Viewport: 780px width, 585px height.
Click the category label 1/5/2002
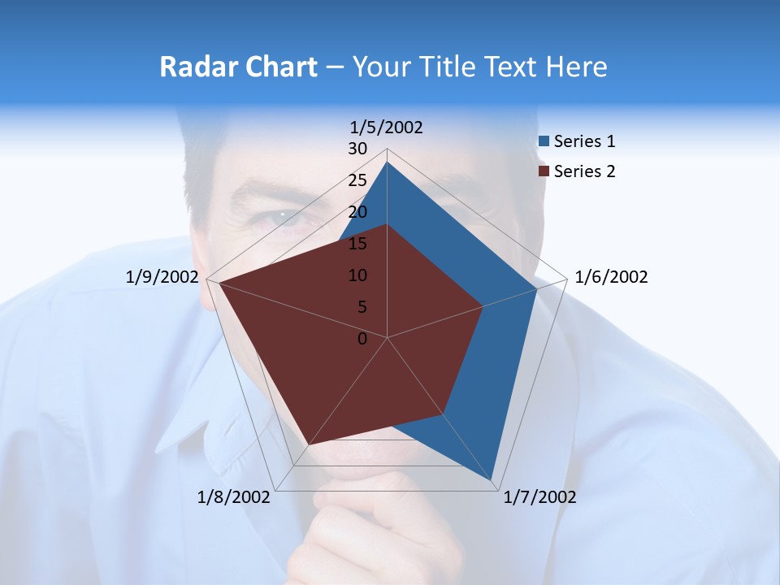pos(387,127)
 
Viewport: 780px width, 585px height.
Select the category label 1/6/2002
pos(611,277)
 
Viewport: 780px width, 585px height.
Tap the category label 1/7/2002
pos(539,497)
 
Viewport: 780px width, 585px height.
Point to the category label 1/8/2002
pos(234,497)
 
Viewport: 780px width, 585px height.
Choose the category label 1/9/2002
pos(162,277)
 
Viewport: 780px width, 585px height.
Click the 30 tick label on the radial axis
pos(357,149)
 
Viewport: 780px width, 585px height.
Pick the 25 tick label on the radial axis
pos(357,180)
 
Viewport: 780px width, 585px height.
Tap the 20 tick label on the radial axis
pos(357,212)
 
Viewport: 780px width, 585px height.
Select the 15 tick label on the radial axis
pos(357,244)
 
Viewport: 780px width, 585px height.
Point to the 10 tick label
pos(357,275)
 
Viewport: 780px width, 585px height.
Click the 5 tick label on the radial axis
pos(362,307)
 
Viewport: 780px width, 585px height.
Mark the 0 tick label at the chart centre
pos(362,339)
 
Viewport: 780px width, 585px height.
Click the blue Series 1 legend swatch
pos(544,141)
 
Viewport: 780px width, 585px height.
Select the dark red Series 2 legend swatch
pos(544,171)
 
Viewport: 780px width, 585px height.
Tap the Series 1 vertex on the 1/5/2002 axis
pos(387,162)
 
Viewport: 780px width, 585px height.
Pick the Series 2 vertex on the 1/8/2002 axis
pos(309,444)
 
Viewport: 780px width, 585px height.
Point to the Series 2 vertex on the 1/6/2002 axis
pos(483,306)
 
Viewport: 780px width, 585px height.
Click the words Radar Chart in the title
pos(238,67)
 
